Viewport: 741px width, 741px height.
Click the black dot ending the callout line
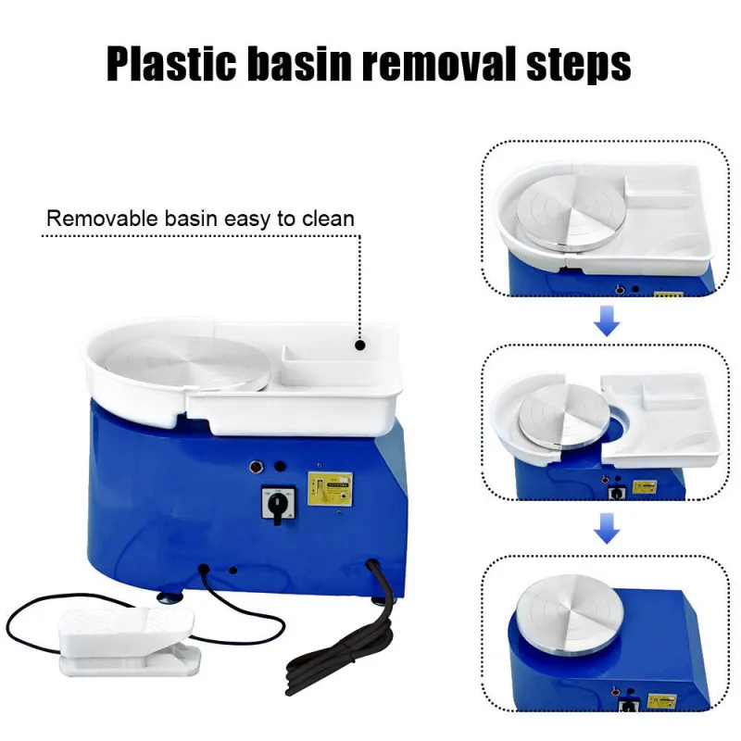(x=360, y=345)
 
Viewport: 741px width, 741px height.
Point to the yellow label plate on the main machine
(x=330, y=488)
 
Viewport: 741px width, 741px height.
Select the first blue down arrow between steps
(x=607, y=321)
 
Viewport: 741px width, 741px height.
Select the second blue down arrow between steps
(x=607, y=530)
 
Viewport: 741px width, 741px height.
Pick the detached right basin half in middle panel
(x=662, y=417)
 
